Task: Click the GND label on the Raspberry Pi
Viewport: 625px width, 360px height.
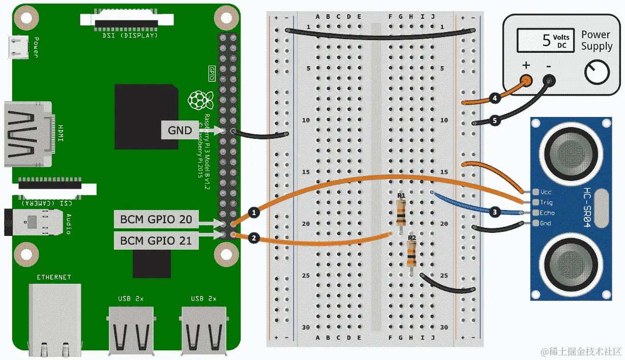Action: [180, 131]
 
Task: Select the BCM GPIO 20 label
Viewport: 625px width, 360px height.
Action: [156, 220]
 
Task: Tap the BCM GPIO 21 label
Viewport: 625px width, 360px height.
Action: [156, 240]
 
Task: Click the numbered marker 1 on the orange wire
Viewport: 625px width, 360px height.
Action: [253, 212]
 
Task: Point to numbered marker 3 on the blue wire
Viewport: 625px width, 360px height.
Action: [494, 212]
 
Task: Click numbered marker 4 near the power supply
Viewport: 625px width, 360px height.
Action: [494, 98]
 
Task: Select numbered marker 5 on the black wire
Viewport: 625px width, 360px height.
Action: [494, 120]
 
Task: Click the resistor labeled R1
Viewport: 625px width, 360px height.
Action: [401, 214]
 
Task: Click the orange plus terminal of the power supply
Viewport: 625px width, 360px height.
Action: [527, 80]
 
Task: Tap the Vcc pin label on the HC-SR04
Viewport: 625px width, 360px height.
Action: [546, 192]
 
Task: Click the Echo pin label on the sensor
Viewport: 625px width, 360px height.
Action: [547, 213]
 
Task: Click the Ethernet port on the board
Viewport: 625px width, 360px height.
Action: [54, 315]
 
